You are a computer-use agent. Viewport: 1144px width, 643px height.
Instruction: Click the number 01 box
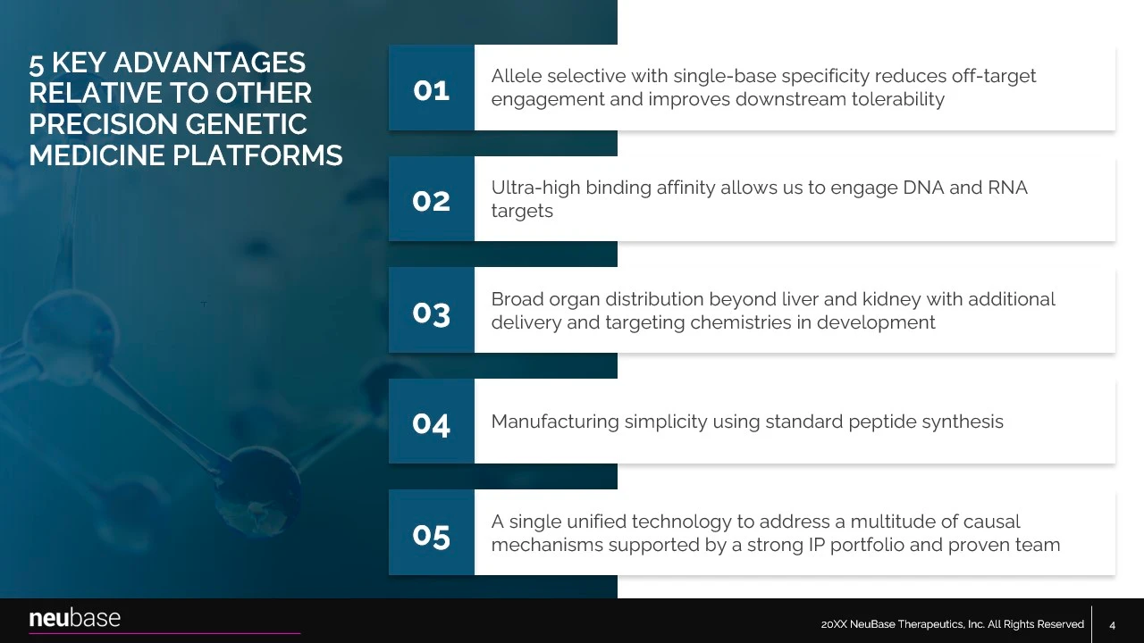pos(431,88)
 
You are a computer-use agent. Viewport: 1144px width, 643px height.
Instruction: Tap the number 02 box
pos(431,198)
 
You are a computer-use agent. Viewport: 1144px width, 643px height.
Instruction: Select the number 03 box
pos(431,310)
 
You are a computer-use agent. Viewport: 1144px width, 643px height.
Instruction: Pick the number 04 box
pos(431,421)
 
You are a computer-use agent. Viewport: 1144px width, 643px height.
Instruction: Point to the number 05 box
pos(431,532)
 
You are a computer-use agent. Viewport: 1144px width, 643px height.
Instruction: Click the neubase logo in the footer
pos(74,618)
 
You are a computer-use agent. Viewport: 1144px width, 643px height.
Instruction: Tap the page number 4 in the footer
pos(1113,625)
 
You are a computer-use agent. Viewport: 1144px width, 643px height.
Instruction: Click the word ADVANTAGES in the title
pos(209,63)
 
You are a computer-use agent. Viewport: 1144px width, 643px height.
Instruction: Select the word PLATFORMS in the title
pos(257,155)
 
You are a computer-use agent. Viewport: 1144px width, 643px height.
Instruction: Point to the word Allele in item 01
pos(517,76)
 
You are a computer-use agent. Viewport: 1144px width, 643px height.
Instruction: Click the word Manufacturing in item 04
pos(555,422)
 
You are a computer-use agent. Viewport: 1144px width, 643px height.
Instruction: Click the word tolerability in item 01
pos(898,99)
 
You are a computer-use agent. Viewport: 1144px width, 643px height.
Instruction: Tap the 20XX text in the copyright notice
pos(834,624)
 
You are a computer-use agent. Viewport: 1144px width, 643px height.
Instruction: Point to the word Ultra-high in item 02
pos(535,188)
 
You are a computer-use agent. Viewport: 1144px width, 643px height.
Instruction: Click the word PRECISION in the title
pos(104,124)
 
